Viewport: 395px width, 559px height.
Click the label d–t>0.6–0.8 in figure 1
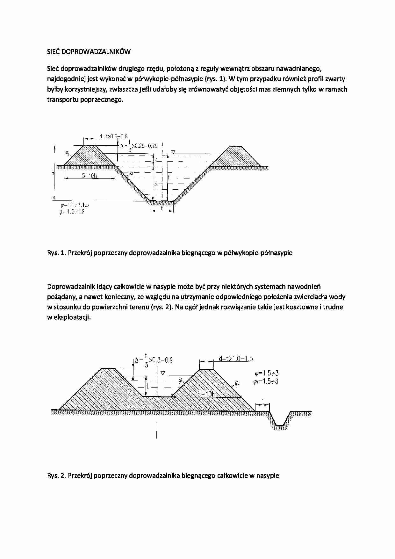point(113,136)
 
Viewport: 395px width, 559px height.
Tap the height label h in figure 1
point(52,173)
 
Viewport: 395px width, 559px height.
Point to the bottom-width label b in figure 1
point(162,209)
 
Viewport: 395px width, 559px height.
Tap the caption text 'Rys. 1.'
point(55,253)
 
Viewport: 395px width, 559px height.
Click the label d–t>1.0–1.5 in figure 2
point(236,359)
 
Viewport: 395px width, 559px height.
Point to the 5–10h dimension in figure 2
point(206,394)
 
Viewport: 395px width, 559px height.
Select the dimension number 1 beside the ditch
point(262,401)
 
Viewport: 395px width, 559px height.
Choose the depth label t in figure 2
point(147,386)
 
